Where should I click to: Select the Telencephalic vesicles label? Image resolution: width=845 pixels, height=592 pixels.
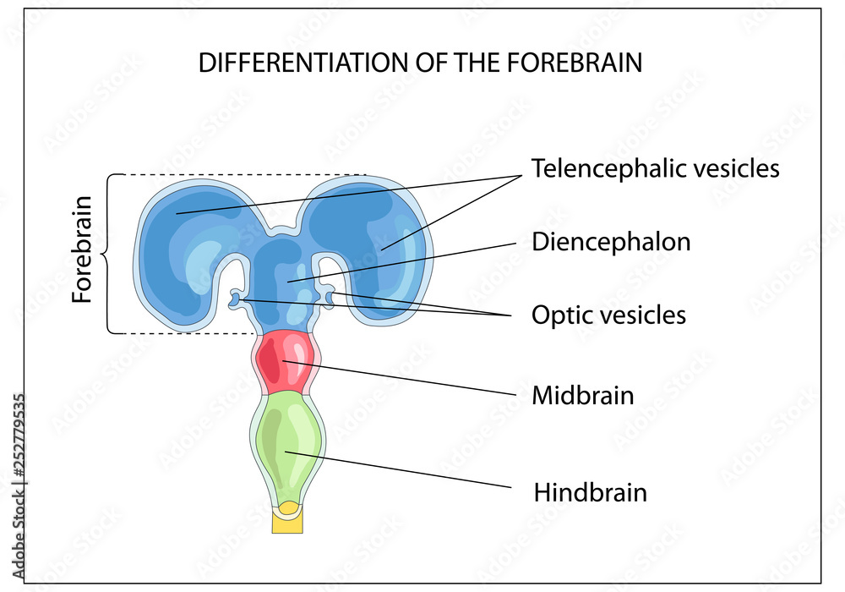655,168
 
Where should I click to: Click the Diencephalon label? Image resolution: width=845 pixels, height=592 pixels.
611,242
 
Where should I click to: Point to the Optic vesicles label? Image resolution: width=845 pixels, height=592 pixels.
608,315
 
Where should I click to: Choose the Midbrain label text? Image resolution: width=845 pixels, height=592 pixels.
582,395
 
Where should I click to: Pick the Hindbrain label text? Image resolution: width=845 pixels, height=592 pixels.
590,492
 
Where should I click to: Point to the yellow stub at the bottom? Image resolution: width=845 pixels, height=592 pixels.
287,519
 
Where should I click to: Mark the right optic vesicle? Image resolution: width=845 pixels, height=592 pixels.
329,295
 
